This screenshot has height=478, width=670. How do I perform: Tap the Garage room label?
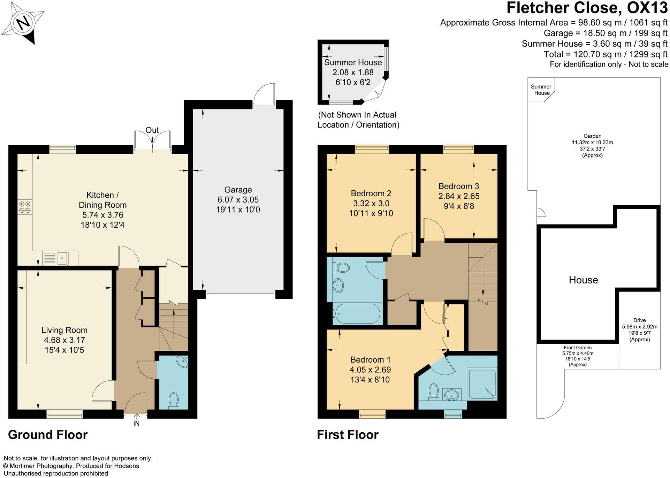(x=238, y=190)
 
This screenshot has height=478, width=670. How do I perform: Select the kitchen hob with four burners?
(x=25, y=207)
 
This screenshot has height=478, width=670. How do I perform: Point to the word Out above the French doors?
(x=152, y=130)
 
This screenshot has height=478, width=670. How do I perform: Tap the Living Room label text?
(x=64, y=330)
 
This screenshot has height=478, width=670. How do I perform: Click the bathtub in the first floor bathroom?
(x=357, y=313)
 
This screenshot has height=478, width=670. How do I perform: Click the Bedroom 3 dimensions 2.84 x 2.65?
(x=459, y=196)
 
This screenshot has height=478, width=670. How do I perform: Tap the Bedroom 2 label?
(x=371, y=193)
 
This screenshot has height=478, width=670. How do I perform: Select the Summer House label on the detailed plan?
(x=353, y=62)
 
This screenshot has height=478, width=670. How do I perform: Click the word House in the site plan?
(x=583, y=280)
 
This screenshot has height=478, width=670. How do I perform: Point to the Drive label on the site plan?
(x=639, y=320)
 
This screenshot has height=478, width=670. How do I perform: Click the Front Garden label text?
(x=578, y=348)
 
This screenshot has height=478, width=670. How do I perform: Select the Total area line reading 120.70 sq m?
(x=605, y=54)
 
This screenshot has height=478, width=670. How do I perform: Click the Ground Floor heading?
(x=48, y=435)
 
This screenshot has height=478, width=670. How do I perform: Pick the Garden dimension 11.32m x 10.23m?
(x=592, y=142)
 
